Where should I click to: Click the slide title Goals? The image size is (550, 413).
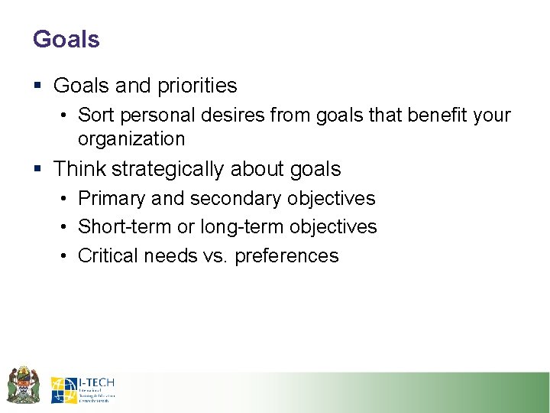[x=66, y=39]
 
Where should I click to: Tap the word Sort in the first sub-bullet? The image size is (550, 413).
[x=95, y=115]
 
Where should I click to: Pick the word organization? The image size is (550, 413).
[x=131, y=139]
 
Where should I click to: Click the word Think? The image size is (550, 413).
[x=79, y=168]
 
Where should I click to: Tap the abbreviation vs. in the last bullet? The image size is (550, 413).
[x=216, y=256]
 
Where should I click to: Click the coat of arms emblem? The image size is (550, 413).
[x=23, y=385]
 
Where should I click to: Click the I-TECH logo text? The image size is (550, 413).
[x=96, y=382]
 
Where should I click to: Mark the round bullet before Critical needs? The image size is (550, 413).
[x=65, y=256]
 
